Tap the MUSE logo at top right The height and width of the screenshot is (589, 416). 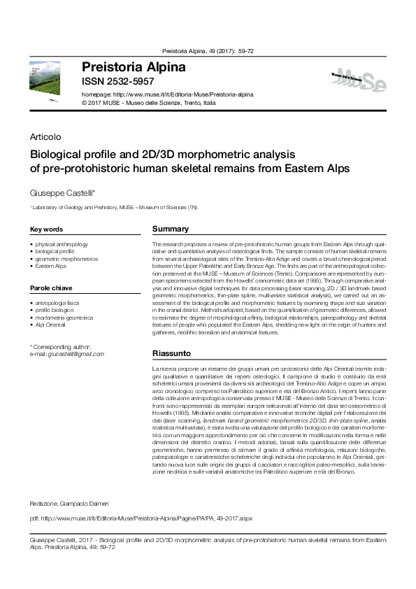click(x=358, y=83)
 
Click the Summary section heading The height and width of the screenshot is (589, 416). click(x=171, y=229)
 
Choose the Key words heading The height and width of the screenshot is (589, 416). click(x=47, y=229)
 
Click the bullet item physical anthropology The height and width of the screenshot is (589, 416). click(x=62, y=244)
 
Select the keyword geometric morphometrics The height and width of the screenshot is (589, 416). click(x=67, y=259)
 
